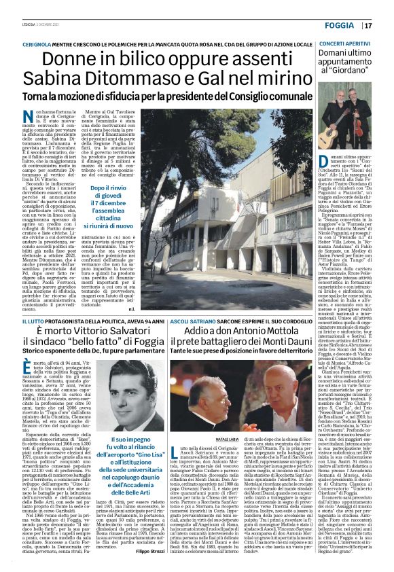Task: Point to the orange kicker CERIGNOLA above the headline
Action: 48,43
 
